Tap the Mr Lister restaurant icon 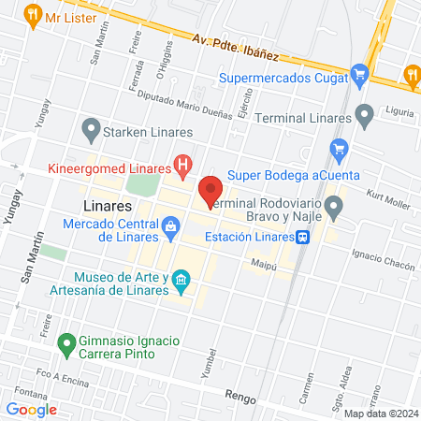point(33,15)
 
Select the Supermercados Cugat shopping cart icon point(359,75)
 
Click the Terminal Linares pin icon point(365,116)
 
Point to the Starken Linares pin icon point(91,126)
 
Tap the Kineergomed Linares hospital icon point(183,167)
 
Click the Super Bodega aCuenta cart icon point(340,147)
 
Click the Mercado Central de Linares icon point(170,225)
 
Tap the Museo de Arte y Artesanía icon point(181,279)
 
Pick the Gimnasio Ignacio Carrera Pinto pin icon point(66,344)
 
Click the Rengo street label point(240,397)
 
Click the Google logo point(32,409)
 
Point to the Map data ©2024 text point(380,414)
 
